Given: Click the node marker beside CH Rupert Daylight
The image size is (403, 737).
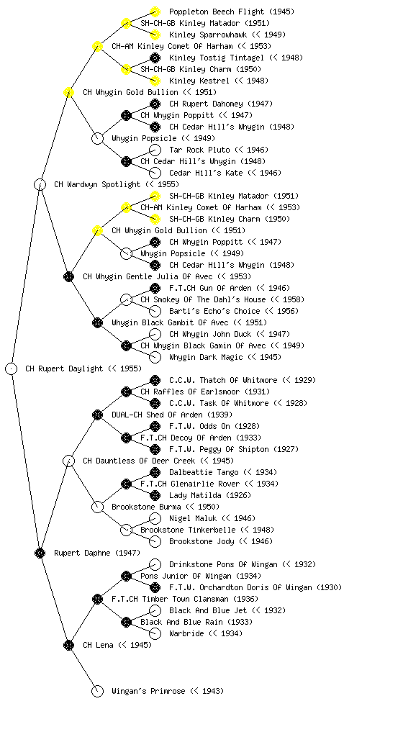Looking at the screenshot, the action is (12, 369).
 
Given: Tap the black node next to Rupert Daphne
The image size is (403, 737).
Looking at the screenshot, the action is (40, 553).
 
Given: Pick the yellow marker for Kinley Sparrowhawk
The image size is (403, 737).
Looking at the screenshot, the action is (155, 35).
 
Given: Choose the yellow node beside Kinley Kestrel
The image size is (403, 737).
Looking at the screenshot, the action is (155, 81).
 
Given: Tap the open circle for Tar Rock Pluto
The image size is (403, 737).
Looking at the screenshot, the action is (155, 150).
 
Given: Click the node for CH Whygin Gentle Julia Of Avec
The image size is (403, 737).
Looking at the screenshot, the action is (68, 276).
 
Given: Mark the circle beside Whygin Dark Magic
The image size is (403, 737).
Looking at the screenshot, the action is (155, 357).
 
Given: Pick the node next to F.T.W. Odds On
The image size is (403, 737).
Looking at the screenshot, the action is (155, 426).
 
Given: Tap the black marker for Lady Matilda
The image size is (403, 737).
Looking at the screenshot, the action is (155, 495).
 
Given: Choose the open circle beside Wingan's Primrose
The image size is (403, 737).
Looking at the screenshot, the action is (97, 692).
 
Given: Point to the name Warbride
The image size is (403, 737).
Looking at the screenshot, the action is (186, 633).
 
